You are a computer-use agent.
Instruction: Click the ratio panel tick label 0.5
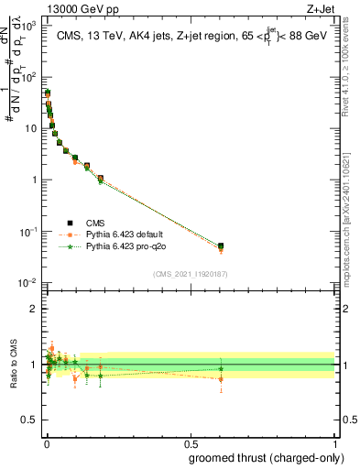33,422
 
